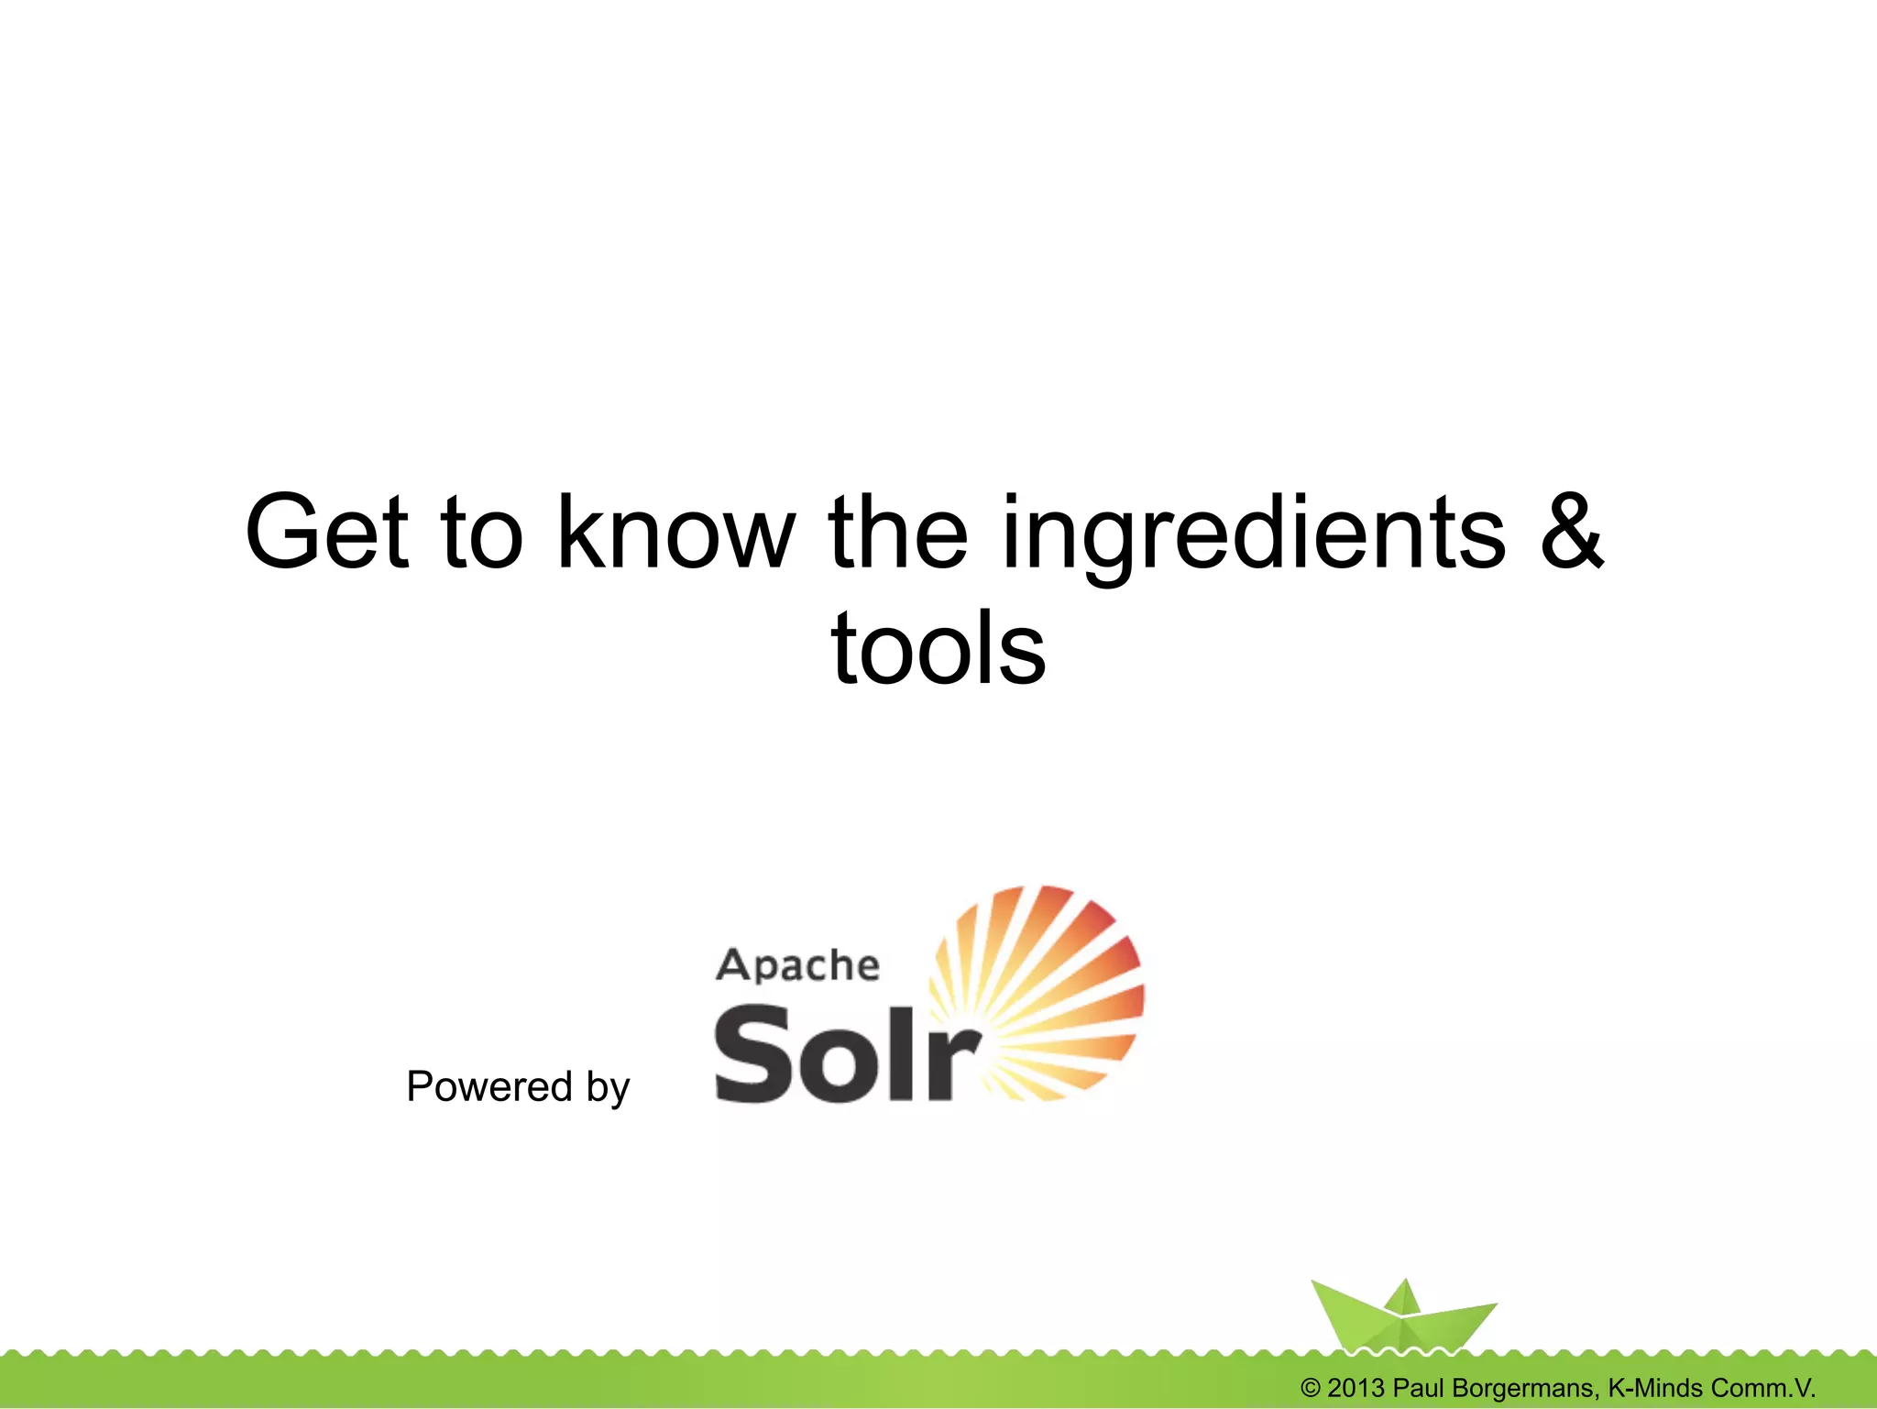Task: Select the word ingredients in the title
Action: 1254,534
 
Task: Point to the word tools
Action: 938,648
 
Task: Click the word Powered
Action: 488,1086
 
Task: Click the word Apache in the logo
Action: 797,965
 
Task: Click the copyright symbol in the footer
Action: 1310,1388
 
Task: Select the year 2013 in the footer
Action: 1356,1388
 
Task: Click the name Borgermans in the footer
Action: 1526,1388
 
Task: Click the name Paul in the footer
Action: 1419,1388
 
